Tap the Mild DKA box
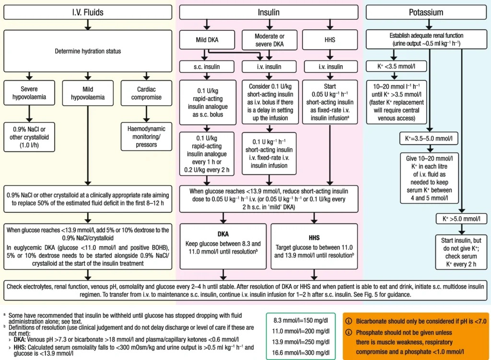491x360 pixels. click(207, 40)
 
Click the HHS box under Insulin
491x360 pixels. click(330, 40)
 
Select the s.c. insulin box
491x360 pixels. click(207, 66)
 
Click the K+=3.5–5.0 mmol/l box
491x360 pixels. click(429, 139)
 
